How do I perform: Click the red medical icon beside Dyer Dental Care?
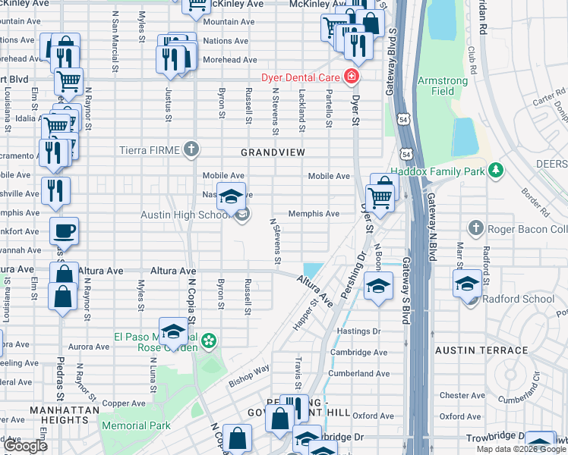click(x=352, y=77)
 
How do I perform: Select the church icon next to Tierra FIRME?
click(x=191, y=149)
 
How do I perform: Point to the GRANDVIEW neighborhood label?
click(x=273, y=152)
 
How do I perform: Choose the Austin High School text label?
click(x=185, y=215)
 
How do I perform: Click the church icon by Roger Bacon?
click(x=475, y=228)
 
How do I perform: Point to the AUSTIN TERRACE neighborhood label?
click(x=481, y=350)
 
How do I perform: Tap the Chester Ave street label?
click(x=461, y=395)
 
